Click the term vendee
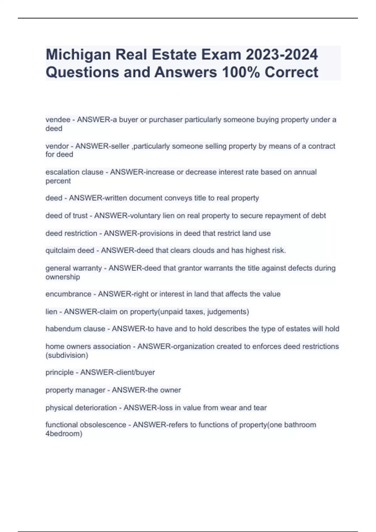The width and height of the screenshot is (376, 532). (58, 120)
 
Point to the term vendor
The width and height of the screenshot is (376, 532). (57, 146)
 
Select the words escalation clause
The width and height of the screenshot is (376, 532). (74, 172)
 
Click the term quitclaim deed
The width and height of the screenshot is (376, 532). (70, 251)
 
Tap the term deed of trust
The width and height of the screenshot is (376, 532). (66, 216)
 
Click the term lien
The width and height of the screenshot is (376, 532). (51, 312)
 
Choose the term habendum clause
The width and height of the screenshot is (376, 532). (75, 329)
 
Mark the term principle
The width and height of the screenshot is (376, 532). (59, 372)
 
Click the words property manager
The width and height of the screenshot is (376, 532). (75, 390)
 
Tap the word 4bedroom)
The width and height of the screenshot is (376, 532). (64, 434)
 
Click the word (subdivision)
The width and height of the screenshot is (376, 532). (67, 356)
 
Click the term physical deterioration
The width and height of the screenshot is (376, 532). (81, 408)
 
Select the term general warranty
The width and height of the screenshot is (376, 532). (74, 268)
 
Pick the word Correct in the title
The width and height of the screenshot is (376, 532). (291, 72)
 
